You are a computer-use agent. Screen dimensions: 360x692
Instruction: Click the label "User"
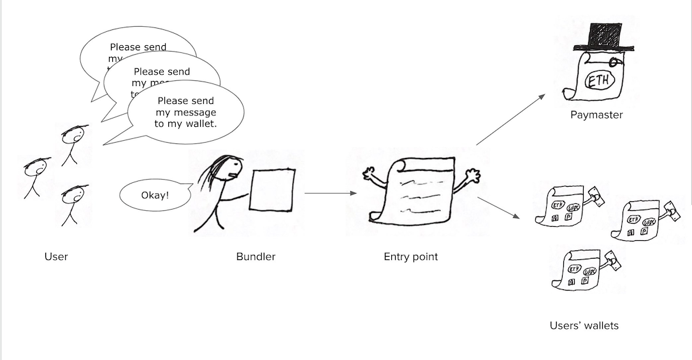click(56, 257)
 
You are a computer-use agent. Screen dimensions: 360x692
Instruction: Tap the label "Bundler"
click(256, 257)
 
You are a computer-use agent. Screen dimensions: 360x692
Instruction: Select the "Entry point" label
click(410, 257)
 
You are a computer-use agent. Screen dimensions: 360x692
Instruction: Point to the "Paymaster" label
click(596, 115)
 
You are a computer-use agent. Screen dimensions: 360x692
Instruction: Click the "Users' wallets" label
click(584, 326)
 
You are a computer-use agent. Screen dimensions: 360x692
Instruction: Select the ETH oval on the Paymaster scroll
click(599, 82)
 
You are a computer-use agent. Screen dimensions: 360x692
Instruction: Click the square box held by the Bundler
click(272, 189)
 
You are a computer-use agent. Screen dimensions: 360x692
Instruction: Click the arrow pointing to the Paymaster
click(510, 119)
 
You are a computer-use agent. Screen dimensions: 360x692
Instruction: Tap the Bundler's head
click(231, 168)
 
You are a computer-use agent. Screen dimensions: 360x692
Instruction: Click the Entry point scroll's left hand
click(369, 173)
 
